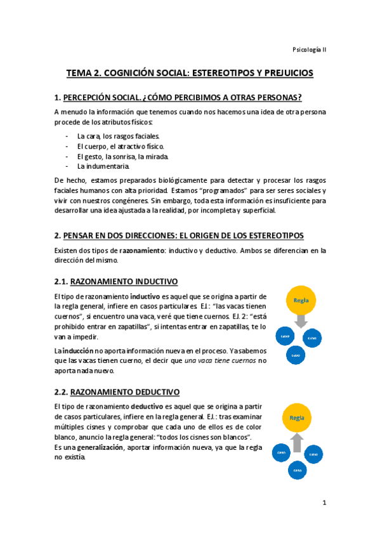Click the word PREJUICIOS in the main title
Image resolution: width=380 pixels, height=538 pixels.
(282, 73)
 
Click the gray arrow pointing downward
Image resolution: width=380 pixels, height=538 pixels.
(301, 320)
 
